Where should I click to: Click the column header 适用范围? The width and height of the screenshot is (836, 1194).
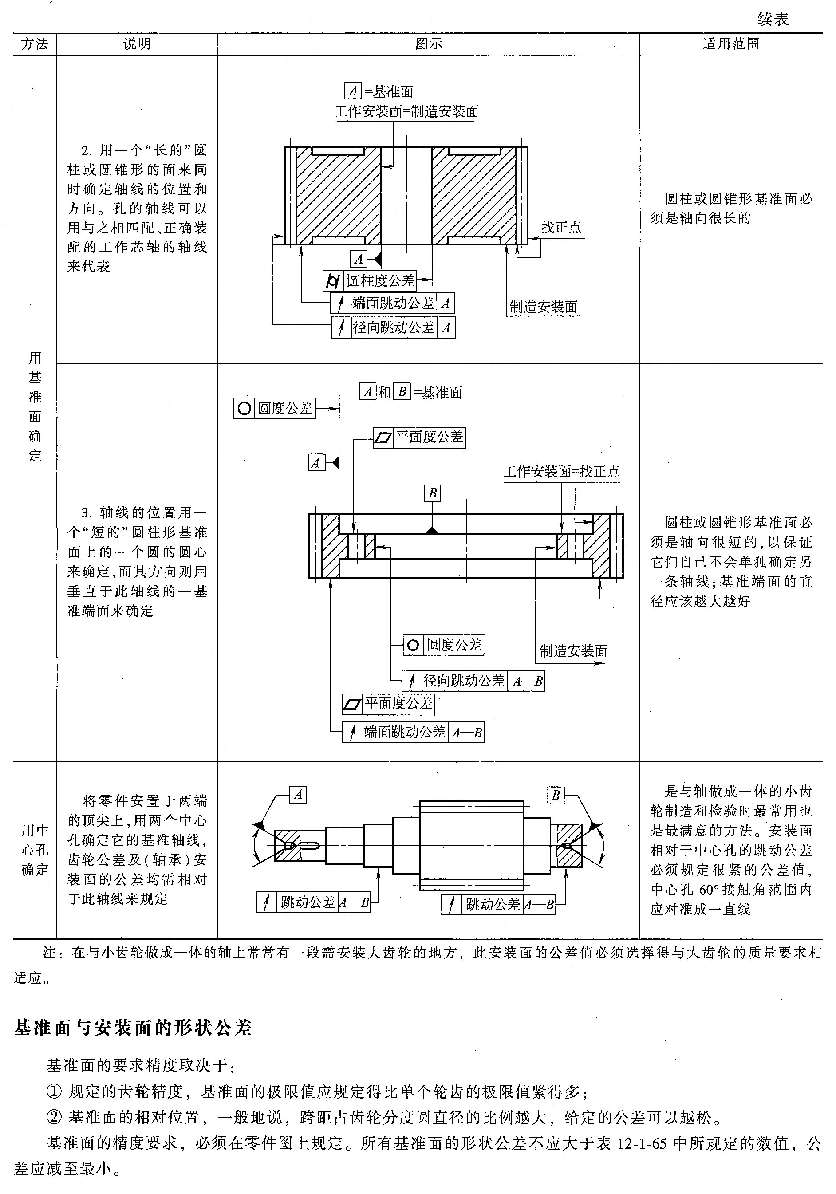(x=731, y=43)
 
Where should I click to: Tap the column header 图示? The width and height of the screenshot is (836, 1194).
(x=428, y=43)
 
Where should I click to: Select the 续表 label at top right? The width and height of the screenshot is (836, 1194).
(x=773, y=19)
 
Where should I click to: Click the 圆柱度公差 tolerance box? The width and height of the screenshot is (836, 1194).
(x=370, y=281)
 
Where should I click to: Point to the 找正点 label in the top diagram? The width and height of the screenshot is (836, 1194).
(x=561, y=227)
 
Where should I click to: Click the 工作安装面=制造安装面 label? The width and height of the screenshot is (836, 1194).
(x=406, y=111)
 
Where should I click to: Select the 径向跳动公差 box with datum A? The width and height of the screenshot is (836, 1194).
(x=393, y=327)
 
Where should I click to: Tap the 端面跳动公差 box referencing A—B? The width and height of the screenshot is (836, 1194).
(x=413, y=732)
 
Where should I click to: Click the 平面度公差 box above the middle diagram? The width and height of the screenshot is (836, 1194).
(x=419, y=437)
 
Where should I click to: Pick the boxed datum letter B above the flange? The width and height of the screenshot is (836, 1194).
(x=432, y=493)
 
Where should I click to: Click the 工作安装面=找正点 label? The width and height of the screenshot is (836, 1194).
(x=561, y=471)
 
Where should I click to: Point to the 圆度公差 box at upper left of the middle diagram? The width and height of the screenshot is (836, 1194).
(x=274, y=408)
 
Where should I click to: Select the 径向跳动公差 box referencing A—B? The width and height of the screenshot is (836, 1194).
(x=473, y=681)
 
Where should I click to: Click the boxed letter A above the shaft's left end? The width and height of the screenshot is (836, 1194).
(x=298, y=795)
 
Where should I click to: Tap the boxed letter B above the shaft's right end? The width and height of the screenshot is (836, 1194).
(x=556, y=795)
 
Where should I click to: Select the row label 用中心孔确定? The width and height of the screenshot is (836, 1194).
(x=35, y=850)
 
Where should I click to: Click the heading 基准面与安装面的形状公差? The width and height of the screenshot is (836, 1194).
(x=133, y=1028)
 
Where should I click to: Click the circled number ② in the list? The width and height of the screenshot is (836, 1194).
(x=54, y=1116)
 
